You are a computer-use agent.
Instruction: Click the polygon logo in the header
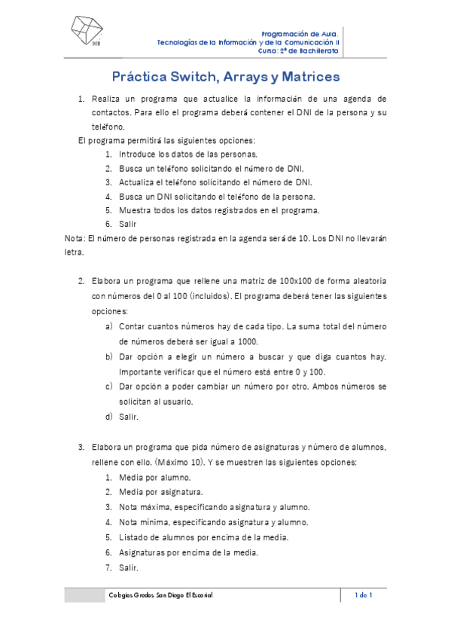pyautogui.click(x=86, y=33)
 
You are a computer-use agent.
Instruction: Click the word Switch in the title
pyautogui.click(x=187, y=77)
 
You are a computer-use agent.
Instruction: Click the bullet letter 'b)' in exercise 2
pyautogui.click(x=109, y=356)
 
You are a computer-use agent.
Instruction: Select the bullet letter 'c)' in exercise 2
pyautogui.click(x=109, y=386)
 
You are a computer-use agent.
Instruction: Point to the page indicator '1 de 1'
pyautogui.click(x=364, y=595)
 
